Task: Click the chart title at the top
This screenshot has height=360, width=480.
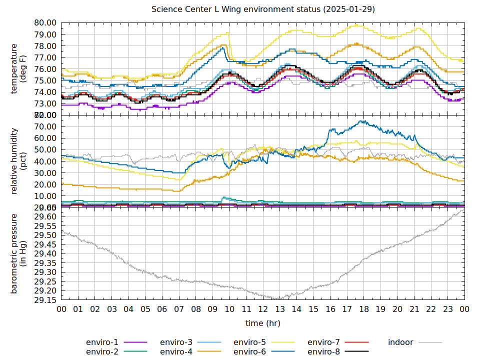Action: (263, 9)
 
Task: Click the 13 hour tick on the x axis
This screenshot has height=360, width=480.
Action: (279, 310)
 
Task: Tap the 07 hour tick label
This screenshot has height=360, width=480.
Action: (179, 310)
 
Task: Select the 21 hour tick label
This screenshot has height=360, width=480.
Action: (414, 310)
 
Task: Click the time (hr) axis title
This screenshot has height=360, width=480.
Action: (263, 323)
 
